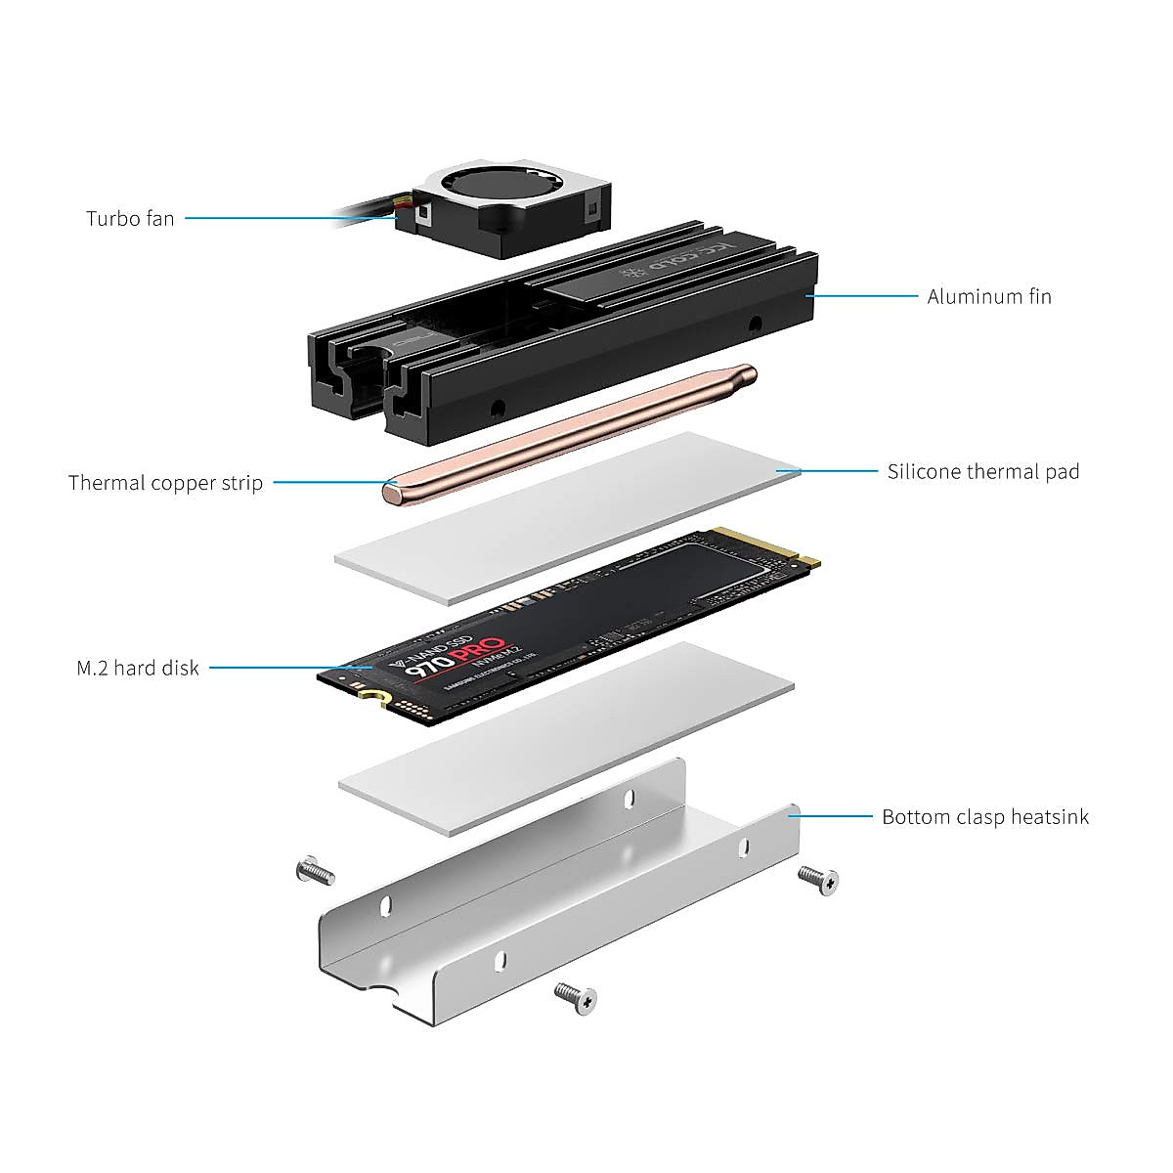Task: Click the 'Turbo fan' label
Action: point(130,218)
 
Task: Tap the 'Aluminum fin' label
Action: point(989,296)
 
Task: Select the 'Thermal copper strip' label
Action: point(165,483)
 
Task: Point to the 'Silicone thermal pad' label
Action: point(983,472)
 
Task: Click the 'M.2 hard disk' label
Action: point(138,669)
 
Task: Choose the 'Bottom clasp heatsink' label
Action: point(985,817)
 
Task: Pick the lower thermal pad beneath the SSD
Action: point(567,738)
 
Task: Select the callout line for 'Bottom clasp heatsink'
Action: point(836,816)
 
